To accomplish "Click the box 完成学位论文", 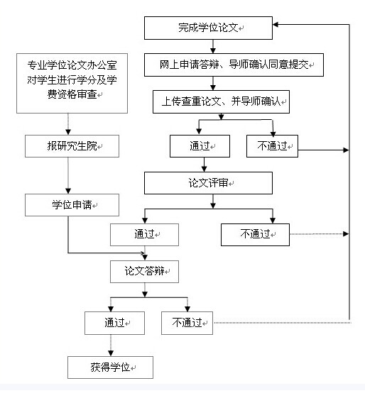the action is pyautogui.click(x=208, y=28).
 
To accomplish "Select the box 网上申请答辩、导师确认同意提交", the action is pyautogui.click(x=234, y=65).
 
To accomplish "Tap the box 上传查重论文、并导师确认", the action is pyautogui.click(x=221, y=101).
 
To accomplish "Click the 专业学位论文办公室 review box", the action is pyautogui.click(x=72, y=83).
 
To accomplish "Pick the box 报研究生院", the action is pyautogui.click(x=72, y=146).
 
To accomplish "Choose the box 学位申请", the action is pyautogui.click(x=72, y=205).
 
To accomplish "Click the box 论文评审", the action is pyautogui.click(x=208, y=183).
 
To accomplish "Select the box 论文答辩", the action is pyautogui.click(x=144, y=271).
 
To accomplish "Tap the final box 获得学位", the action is pyautogui.click(x=110, y=367).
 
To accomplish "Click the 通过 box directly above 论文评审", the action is pyautogui.click(x=200, y=146).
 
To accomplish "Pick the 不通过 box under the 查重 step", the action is pyautogui.click(x=272, y=146).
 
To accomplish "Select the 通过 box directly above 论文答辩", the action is pyautogui.click(x=144, y=235).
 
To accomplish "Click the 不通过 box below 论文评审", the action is pyautogui.click(x=255, y=235).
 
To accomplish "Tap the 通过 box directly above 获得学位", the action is pyautogui.click(x=114, y=323).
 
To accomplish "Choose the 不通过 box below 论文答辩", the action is pyautogui.click(x=187, y=323).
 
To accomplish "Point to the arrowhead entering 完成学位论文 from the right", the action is pyautogui.click(x=276, y=25).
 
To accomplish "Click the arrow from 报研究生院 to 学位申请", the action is pyautogui.click(x=68, y=176).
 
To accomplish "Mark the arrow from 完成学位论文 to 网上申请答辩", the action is pyautogui.click(x=213, y=46).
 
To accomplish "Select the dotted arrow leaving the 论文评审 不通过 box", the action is pyautogui.click(x=320, y=234).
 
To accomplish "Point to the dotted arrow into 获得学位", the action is pyautogui.click(x=111, y=346).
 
